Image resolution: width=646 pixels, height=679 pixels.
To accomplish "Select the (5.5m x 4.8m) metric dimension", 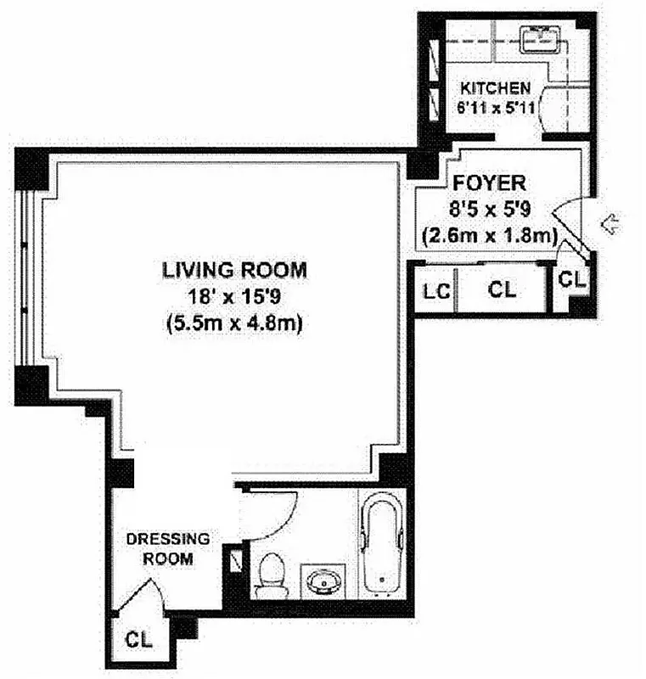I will pos(234,323).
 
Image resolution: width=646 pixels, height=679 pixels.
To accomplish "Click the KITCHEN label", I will pos(495,87).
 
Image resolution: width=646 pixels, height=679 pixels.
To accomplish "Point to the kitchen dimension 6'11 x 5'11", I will pos(495,108).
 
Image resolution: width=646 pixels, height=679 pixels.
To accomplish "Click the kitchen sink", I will pos(537,37).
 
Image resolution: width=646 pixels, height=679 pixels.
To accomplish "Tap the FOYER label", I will pos(489,182).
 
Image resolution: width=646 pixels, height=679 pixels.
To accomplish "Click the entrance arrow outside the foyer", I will pos(610,224).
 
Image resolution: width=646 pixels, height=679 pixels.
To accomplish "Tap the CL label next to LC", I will pos(502,289).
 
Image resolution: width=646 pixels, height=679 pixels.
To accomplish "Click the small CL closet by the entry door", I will pos(573,277).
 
